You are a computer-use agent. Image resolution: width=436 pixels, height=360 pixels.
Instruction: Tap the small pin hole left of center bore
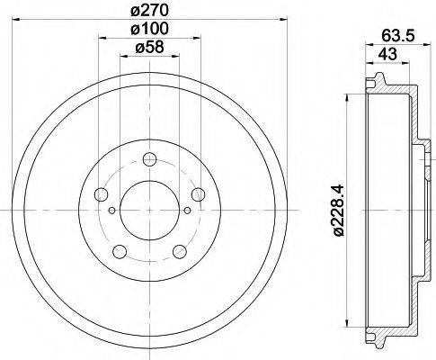(x=111, y=211)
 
